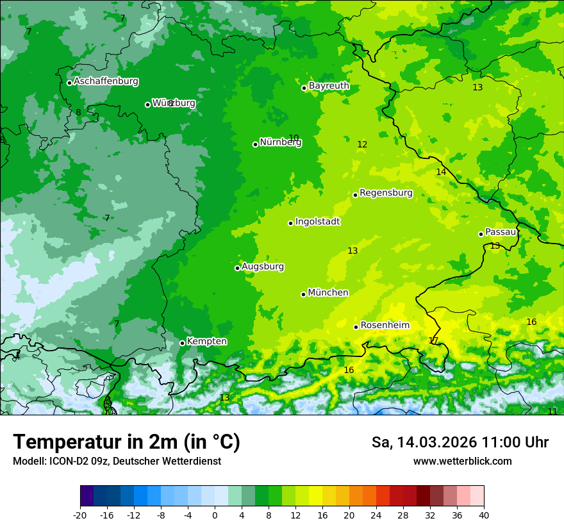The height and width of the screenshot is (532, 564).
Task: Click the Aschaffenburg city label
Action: (106, 81)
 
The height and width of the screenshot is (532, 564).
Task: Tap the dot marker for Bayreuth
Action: (304, 88)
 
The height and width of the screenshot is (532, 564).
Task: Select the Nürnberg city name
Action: (280, 142)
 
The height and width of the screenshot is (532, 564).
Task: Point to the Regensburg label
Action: (386, 193)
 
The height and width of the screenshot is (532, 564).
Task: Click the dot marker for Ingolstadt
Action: (290, 223)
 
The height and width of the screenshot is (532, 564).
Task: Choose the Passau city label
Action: (501, 232)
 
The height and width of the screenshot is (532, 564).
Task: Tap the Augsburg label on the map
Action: (263, 267)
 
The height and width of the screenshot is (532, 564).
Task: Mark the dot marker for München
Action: (303, 294)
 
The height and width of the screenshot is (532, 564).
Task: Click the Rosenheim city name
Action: (385, 326)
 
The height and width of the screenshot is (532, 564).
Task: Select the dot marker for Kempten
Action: (182, 343)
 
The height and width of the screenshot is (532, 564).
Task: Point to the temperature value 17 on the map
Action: (433, 340)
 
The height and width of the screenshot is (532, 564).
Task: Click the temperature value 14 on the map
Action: (441, 172)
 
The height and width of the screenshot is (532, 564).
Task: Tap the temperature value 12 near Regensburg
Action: (362, 145)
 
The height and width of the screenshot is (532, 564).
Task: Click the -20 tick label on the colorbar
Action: (80, 515)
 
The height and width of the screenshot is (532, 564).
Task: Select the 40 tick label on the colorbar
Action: (484, 515)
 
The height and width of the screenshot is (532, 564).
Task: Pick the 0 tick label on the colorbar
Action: (215, 515)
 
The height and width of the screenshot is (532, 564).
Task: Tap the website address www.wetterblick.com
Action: (462, 461)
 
